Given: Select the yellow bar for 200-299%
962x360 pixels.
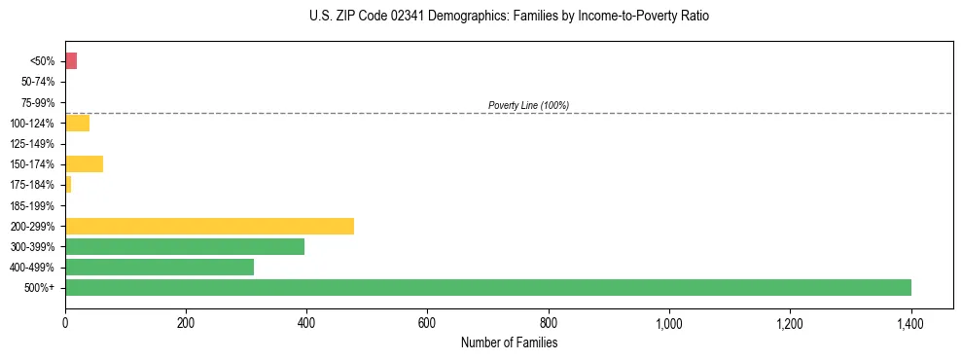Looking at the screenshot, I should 209,226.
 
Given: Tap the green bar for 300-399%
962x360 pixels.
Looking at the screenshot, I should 185,246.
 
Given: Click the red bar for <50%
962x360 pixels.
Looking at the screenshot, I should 71,61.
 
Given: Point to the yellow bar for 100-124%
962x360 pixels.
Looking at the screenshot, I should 77,123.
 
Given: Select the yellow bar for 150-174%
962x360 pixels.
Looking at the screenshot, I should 84,163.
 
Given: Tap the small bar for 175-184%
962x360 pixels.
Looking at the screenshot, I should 68,184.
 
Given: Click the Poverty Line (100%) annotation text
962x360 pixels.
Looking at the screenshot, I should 528,105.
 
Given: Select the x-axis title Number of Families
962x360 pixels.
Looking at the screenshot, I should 509,342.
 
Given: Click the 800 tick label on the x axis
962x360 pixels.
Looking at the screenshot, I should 549,324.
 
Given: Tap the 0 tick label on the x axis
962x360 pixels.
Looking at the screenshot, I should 65,324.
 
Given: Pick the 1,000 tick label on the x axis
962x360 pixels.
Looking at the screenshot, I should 669,324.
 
